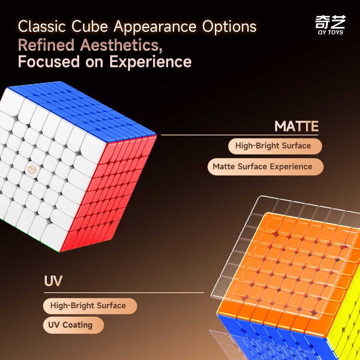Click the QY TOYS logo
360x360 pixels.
[330, 25]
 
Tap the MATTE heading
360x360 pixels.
[296, 127]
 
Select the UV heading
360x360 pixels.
[53, 281]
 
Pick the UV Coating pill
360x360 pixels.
[70, 325]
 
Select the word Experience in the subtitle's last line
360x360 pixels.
[150, 62]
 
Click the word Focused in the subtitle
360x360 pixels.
[49, 62]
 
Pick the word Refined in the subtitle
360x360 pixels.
[46, 45]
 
